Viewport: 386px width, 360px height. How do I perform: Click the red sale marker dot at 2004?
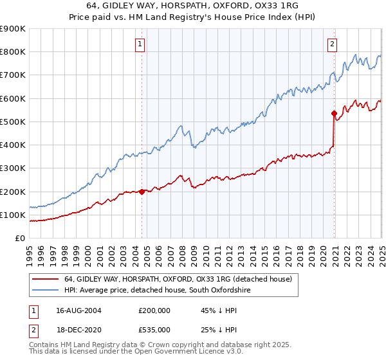point(142,192)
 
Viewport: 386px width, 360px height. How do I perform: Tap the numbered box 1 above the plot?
point(140,44)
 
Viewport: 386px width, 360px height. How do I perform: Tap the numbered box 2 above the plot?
point(332,44)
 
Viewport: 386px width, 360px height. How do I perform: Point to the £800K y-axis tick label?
point(14,52)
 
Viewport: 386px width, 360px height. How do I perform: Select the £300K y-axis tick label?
point(14,168)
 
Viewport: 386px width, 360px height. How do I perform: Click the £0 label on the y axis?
point(20,239)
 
